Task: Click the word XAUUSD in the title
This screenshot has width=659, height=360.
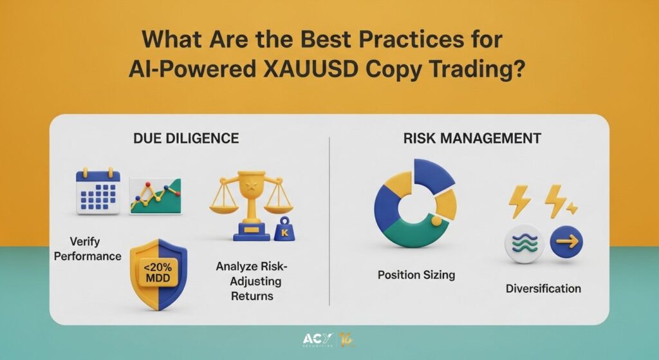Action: pos(310,69)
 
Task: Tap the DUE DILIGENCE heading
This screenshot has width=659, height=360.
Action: pos(186,138)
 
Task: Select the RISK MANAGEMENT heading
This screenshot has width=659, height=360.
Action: pos(472,138)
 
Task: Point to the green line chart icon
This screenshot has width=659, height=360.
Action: pos(156,196)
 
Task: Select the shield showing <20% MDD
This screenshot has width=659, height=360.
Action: pos(158,274)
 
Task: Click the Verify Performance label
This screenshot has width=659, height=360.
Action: pos(88,249)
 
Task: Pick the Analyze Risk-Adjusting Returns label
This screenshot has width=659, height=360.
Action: pos(252,281)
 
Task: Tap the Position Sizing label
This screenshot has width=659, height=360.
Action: pos(416,275)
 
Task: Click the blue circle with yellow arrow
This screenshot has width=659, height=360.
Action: pos(566,242)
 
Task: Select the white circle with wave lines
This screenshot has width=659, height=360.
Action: pos(524,243)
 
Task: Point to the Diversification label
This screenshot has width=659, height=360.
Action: pos(543,289)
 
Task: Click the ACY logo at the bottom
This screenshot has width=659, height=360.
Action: pos(318,339)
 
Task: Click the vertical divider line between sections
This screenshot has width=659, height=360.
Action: pos(329,221)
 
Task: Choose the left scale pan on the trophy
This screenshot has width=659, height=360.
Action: pos(223,207)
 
